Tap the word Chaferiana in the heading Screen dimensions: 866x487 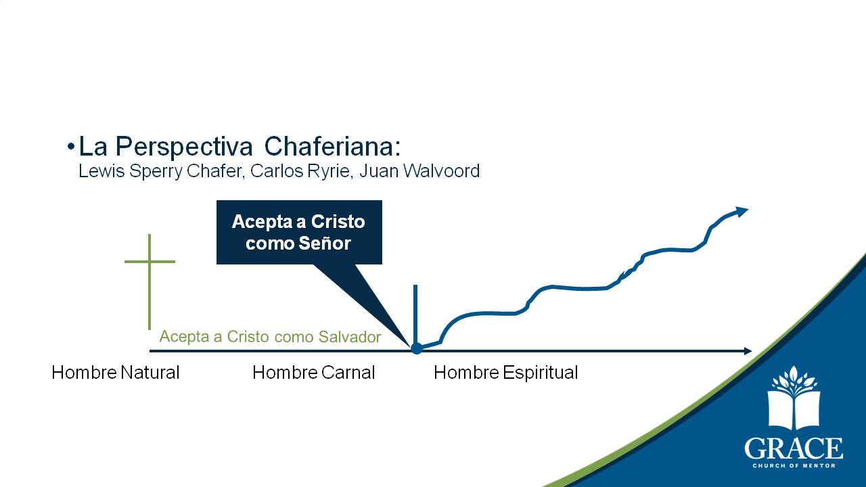(x=332, y=147)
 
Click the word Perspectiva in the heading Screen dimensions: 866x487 (x=185, y=147)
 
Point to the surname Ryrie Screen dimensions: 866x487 (x=328, y=171)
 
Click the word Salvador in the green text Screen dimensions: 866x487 (x=350, y=337)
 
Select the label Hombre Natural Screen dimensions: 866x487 (x=116, y=373)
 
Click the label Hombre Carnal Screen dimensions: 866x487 (x=313, y=373)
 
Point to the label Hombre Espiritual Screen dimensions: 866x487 (x=505, y=373)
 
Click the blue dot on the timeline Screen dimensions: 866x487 (x=416, y=348)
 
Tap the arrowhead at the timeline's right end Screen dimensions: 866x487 (x=748, y=351)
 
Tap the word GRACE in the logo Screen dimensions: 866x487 (x=794, y=448)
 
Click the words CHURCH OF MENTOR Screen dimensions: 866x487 (x=794, y=466)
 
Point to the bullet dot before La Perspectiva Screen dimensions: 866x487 (x=71, y=147)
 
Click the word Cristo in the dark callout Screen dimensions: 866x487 (x=338, y=222)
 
